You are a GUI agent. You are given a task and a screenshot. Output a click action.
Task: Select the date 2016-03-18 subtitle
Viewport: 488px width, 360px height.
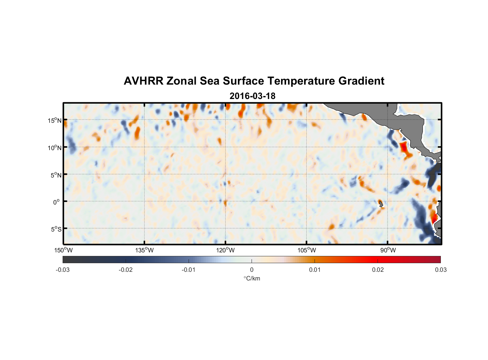click(x=252, y=96)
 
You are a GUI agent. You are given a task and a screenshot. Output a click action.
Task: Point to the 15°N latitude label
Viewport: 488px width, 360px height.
click(x=54, y=120)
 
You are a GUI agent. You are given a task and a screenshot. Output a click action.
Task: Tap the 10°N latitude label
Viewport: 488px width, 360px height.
click(x=54, y=148)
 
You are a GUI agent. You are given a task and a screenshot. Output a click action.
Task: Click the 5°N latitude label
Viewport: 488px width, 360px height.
click(x=55, y=175)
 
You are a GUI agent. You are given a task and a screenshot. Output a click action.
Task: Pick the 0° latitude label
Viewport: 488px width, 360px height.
click(x=57, y=202)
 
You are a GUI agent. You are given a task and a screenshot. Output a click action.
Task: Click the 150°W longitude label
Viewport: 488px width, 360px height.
click(x=63, y=250)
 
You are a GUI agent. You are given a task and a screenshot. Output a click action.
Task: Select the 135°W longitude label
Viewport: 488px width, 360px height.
click(x=144, y=250)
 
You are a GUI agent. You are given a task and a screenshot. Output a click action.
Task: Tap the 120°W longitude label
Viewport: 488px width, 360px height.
click(x=226, y=250)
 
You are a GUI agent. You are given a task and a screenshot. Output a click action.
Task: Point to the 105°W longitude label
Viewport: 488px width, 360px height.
click(x=307, y=250)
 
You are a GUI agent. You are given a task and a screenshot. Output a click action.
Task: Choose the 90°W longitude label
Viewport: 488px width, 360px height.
click(x=388, y=250)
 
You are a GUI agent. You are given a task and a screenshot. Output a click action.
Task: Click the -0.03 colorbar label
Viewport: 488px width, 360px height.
click(x=63, y=270)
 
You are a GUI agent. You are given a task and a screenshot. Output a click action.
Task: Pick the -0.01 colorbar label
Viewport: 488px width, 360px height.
click(x=189, y=270)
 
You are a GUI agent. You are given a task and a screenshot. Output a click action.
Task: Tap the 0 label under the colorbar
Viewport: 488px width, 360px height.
click(x=252, y=270)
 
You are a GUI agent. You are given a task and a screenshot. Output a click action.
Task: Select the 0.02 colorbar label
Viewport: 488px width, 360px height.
click(x=378, y=270)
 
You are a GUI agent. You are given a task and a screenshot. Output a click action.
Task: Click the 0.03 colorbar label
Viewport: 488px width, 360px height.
click(x=440, y=270)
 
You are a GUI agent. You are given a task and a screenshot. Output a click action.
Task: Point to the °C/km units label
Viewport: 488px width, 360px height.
click(x=252, y=278)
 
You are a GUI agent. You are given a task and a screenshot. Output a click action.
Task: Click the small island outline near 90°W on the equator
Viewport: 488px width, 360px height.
click(x=381, y=204)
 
